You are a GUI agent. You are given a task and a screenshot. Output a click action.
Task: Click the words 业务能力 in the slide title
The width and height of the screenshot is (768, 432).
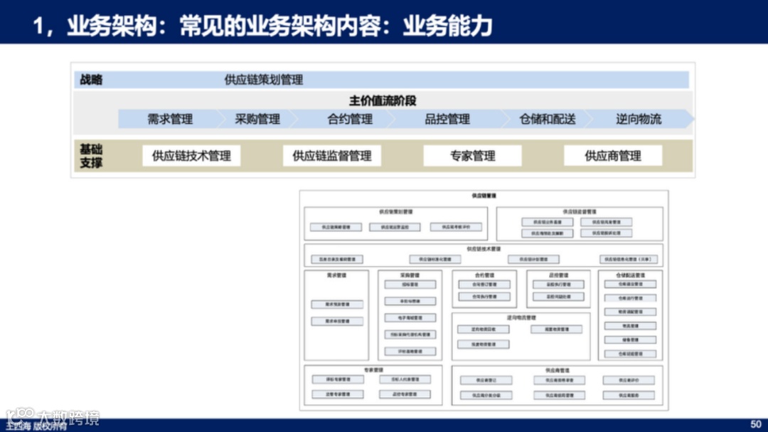pos(447,26)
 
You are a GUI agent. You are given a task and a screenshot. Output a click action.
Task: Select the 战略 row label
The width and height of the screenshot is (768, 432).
pos(91,80)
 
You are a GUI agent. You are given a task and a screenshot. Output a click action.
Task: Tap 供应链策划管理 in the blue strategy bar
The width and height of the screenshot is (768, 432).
pos(264,80)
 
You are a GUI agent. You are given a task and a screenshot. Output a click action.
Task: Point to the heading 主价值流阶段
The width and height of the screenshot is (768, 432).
pos(383,100)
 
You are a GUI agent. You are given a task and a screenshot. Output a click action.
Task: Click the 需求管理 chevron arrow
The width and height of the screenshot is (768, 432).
pos(170,119)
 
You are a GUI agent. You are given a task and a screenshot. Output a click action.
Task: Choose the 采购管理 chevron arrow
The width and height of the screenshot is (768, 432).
pos(257,119)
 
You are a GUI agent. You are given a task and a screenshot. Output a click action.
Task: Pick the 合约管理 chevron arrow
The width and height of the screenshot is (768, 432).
pos(350,119)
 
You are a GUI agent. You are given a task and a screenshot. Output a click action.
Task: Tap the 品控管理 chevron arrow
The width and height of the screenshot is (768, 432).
pos(447,119)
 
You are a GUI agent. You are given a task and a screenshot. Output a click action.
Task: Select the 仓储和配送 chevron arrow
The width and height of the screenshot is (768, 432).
pos(548,119)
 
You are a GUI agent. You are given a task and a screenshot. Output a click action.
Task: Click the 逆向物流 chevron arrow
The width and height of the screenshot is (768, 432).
pos(639,119)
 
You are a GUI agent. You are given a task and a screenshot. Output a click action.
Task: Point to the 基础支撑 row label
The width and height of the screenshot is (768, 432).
pos(91,156)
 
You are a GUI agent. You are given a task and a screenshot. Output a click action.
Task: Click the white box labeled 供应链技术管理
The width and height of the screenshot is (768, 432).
pos(191,156)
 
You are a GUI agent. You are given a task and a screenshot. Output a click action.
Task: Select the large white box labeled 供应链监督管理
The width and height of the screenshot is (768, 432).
pos(332,156)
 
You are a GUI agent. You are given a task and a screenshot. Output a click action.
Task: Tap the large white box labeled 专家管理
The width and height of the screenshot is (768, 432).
pos(472,156)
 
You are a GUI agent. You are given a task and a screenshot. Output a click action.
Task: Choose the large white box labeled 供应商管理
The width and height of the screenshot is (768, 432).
pos(613,156)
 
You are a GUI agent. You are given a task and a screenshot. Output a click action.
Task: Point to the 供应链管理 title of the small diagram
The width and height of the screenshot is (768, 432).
pos(483,195)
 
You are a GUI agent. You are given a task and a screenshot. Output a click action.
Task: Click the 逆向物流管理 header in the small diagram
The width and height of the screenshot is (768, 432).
pos(521,317)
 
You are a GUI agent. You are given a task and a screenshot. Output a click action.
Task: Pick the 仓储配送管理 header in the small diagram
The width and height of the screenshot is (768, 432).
pos(629,275)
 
